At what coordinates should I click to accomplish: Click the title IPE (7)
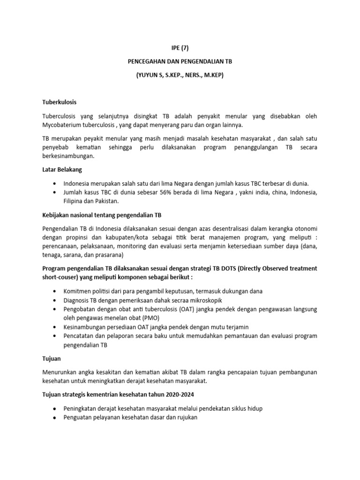180,47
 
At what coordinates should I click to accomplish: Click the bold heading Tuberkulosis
59,102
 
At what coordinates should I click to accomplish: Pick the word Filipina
75,202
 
